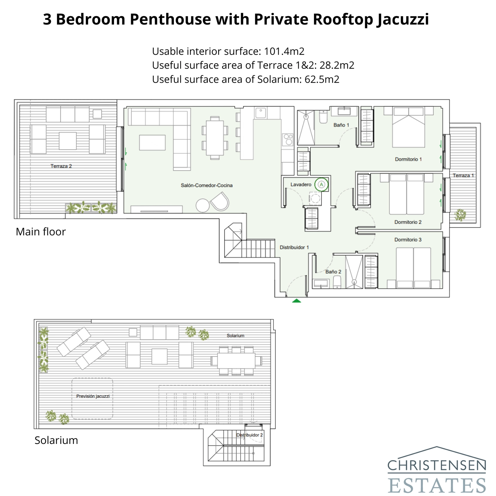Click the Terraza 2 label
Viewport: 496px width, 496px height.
tap(61, 166)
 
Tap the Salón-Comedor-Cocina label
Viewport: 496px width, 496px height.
tap(206, 185)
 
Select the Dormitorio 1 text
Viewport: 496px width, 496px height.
tap(408, 159)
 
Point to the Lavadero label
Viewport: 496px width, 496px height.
tap(301, 184)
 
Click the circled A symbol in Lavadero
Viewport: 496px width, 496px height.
tap(321, 185)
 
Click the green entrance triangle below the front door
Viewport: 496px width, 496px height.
tap(297, 300)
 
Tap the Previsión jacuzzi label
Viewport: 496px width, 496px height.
tap(93, 396)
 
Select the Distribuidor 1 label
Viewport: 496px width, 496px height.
tap(294, 247)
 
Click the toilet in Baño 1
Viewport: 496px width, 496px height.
tap(323, 117)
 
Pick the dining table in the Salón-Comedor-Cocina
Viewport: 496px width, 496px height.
tap(215, 138)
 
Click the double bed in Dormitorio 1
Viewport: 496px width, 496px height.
tap(408, 127)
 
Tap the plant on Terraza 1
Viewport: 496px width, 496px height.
tap(460, 215)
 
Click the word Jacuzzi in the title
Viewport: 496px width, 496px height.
tap(403, 19)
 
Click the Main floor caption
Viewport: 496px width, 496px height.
tap(41, 232)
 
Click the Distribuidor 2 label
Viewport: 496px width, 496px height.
tap(250, 435)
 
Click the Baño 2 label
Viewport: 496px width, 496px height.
tap(333, 272)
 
